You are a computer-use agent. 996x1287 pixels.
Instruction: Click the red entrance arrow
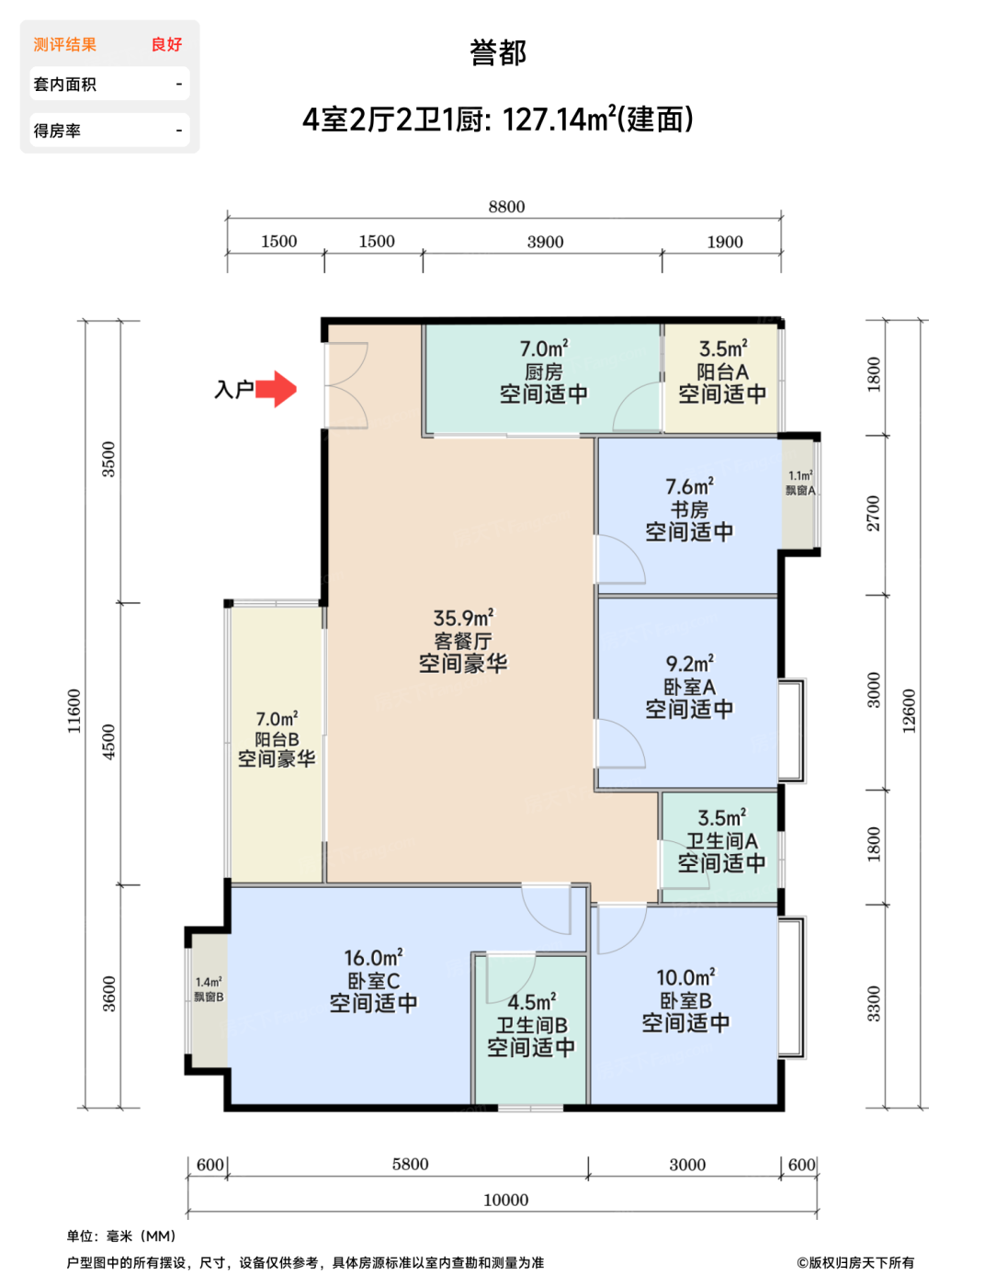[276, 389]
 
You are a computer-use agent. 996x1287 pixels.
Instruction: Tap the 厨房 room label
[543, 372]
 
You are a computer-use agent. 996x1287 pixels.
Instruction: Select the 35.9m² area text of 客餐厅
[463, 618]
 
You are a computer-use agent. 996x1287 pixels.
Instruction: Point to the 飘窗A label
[800, 490]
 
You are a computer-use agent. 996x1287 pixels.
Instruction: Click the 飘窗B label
[209, 997]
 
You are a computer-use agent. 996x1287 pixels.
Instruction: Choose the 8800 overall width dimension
[506, 207]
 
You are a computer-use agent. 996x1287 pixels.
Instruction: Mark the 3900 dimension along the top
[545, 242]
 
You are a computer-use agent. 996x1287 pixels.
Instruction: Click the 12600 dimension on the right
[909, 711]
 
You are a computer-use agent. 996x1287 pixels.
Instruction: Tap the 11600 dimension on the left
[74, 711]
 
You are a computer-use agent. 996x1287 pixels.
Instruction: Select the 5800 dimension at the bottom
[410, 1164]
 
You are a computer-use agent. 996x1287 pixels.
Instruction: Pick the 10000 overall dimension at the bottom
[506, 1200]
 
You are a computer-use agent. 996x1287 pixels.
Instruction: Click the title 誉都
[498, 52]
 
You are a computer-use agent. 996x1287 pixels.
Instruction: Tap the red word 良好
[167, 44]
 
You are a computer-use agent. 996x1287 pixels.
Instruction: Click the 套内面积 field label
[65, 84]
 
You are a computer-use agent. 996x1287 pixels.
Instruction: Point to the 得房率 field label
[57, 131]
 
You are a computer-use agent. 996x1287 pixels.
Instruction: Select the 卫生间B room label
[531, 1025]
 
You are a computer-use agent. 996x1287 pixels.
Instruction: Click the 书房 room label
[689, 509]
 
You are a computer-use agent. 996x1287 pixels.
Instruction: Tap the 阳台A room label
[722, 372]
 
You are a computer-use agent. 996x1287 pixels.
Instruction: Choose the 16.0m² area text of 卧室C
[373, 958]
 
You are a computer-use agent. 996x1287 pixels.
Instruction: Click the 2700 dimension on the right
[873, 513]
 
